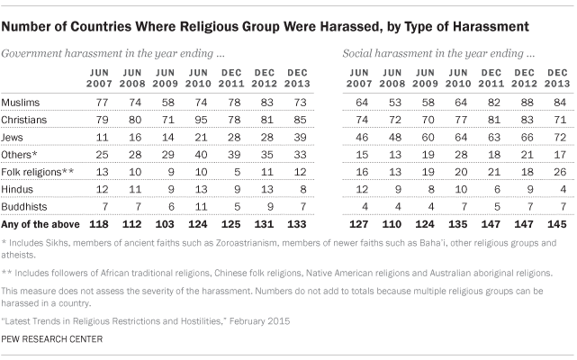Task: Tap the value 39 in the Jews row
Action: point(293,140)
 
